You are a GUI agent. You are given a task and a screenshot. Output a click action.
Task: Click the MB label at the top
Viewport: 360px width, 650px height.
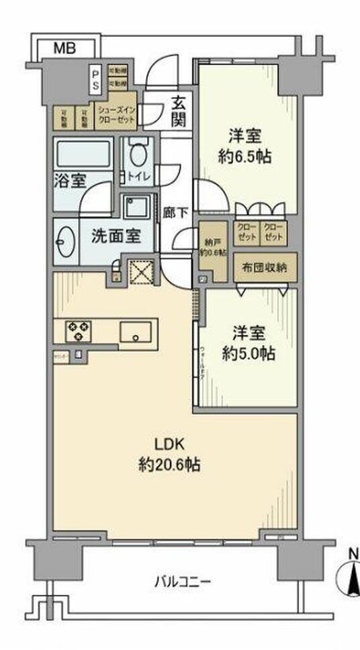tap(64, 48)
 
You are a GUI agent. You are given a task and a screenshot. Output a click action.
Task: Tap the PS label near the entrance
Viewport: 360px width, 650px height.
tap(96, 79)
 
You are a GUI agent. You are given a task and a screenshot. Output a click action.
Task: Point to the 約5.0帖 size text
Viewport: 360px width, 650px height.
tap(249, 354)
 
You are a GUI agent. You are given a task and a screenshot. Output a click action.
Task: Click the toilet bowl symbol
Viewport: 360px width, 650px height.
tap(138, 155)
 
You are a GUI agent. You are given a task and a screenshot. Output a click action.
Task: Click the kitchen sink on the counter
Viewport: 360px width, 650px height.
tap(138, 332)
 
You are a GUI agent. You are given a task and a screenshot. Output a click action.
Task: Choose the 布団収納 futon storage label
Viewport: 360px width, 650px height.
tap(261, 267)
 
